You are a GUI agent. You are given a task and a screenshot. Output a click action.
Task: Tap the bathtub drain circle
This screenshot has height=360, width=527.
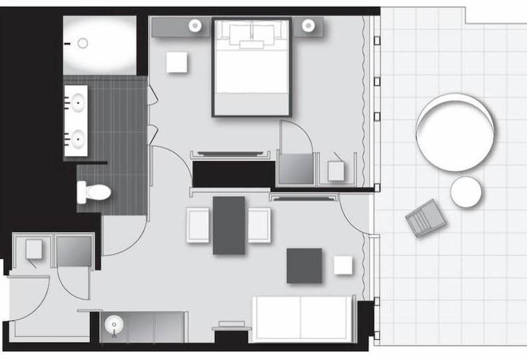82,43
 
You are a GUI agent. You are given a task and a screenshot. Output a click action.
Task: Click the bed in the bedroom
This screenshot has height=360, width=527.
252,67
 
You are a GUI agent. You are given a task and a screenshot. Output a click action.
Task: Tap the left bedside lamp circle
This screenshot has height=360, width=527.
195,26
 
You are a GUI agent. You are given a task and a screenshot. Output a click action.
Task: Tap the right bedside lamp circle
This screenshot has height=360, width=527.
308,26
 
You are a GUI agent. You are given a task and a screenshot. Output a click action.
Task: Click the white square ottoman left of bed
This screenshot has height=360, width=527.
177,62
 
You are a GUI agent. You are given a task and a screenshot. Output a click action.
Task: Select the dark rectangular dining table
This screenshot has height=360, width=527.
229,225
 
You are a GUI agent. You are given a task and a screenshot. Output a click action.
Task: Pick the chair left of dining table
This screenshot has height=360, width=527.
198,225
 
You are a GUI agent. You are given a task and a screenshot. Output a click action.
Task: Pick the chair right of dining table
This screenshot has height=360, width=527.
259,225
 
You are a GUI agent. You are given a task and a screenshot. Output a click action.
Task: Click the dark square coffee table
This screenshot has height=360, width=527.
304,265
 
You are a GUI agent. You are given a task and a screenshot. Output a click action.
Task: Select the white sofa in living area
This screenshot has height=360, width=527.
302,318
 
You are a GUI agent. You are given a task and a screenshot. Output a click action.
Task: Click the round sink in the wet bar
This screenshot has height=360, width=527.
114,325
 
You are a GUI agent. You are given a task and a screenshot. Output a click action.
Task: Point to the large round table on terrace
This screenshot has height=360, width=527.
456,132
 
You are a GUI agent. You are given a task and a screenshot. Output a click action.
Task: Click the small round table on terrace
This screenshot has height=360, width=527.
466,192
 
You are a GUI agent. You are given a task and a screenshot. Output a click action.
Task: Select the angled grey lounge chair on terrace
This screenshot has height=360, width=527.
426,218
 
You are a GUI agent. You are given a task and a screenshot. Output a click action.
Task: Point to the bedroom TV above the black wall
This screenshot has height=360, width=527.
229,154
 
